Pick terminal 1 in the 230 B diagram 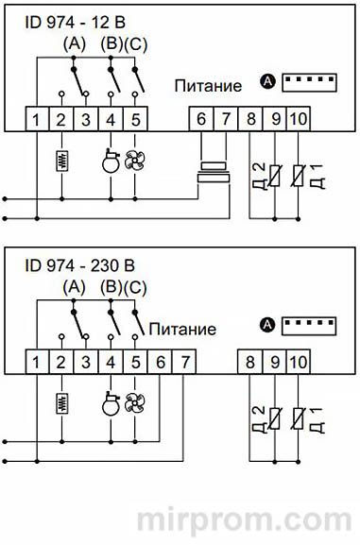pos(34,361)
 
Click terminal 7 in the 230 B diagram pos(184,361)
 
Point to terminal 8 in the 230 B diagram pos(250,361)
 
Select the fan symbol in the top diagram pos(137,159)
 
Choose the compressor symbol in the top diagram pos(111,159)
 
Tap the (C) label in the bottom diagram pos(138,287)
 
